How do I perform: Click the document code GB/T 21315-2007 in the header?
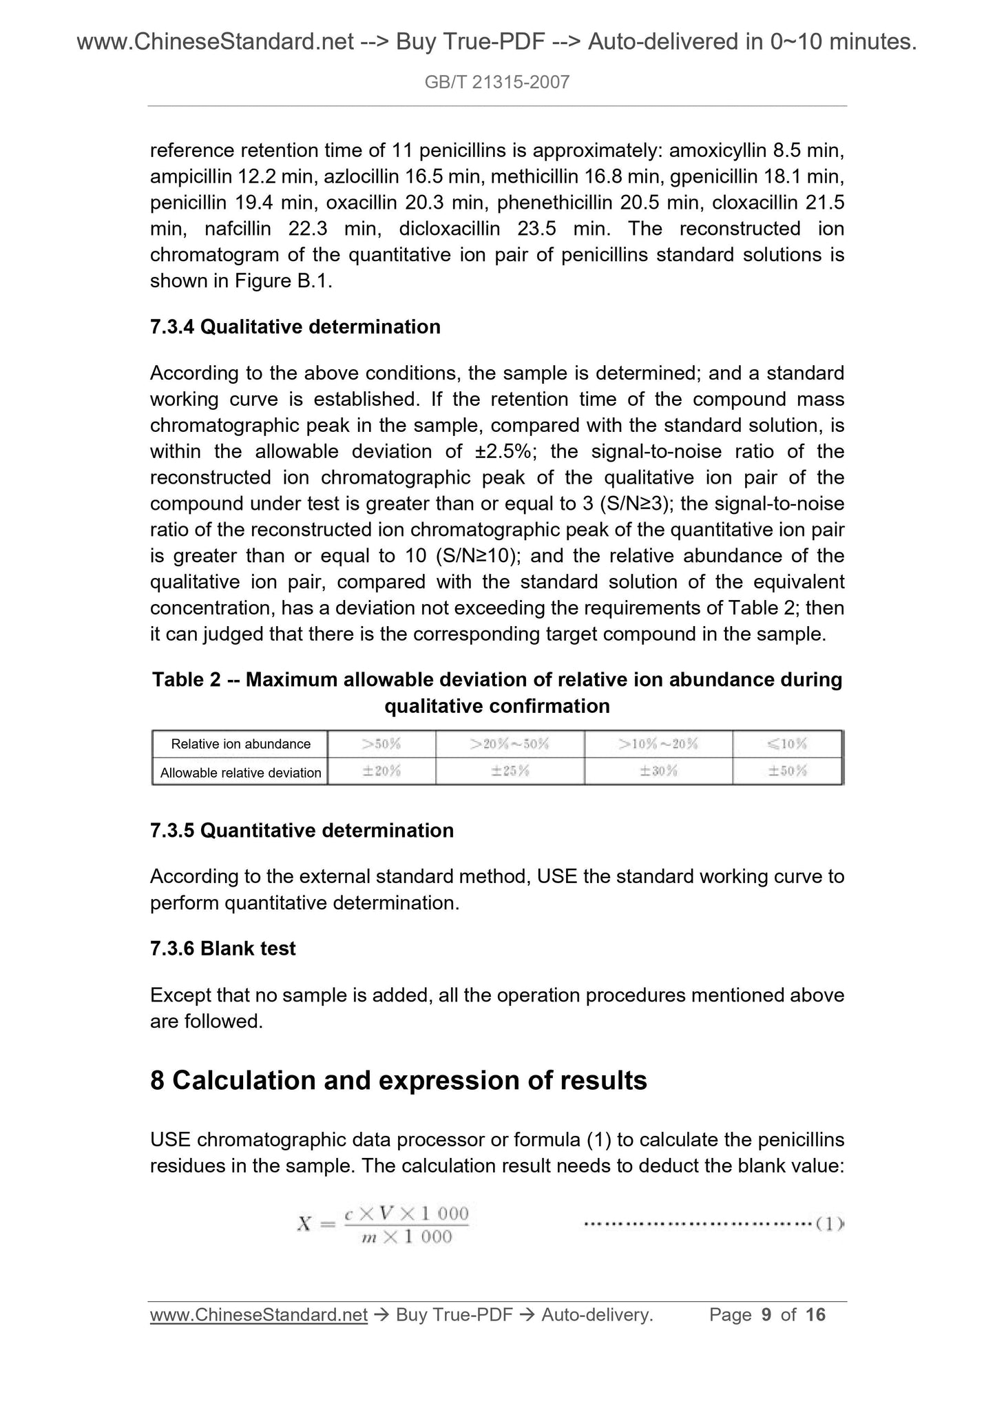click(497, 83)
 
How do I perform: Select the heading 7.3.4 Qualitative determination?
click(295, 327)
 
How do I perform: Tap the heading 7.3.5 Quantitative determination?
click(302, 830)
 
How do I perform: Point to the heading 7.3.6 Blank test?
click(222, 949)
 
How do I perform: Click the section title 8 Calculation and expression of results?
click(398, 1081)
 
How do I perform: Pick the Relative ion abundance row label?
click(240, 744)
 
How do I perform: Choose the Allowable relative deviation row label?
click(240, 773)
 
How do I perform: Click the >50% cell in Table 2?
click(381, 744)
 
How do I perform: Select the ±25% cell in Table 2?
click(510, 772)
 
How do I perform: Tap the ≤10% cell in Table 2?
click(788, 744)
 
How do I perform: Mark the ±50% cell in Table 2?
click(788, 772)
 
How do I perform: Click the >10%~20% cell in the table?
click(658, 744)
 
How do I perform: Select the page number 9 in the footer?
click(766, 1315)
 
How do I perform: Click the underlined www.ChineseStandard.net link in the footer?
click(258, 1315)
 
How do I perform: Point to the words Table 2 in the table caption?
click(186, 680)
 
